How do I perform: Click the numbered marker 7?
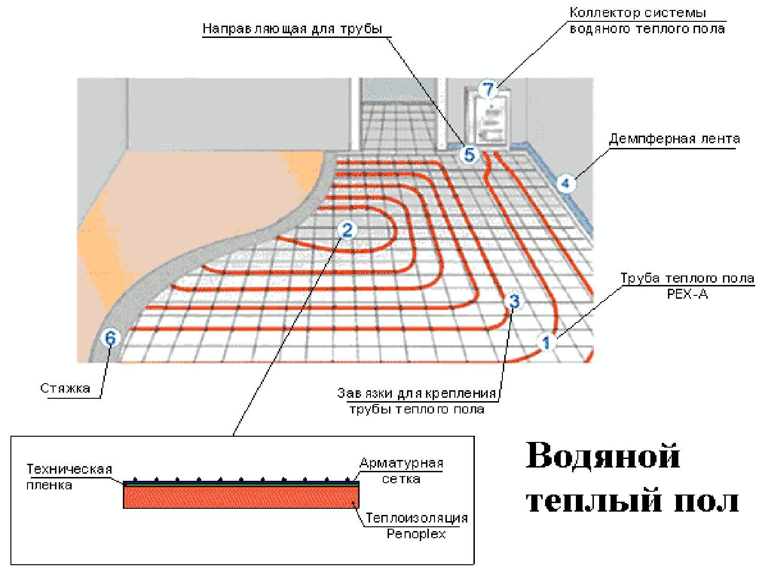(x=489, y=89)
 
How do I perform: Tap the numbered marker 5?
(x=469, y=155)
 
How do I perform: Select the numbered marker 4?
(x=565, y=183)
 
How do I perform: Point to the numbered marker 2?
(x=347, y=229)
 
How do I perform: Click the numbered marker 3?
(x=515, y=301)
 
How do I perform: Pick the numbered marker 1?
(x=546, y=343)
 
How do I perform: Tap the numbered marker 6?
(x=111, y=338)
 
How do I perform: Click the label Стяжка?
(x=65, y=388)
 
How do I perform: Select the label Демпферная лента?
(x=674, y=139)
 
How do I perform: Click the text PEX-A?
(x=687, y=294)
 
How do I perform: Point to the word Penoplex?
(x=416, y=534)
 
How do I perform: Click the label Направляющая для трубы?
(x=293, y=28)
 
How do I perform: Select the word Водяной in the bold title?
(x=603, y=456)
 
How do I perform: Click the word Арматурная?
(x=401, y=464)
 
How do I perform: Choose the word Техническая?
(x=70, y=469)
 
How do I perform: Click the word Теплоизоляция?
(x=417, y=518)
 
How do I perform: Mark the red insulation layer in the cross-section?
(x=241, y=497)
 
